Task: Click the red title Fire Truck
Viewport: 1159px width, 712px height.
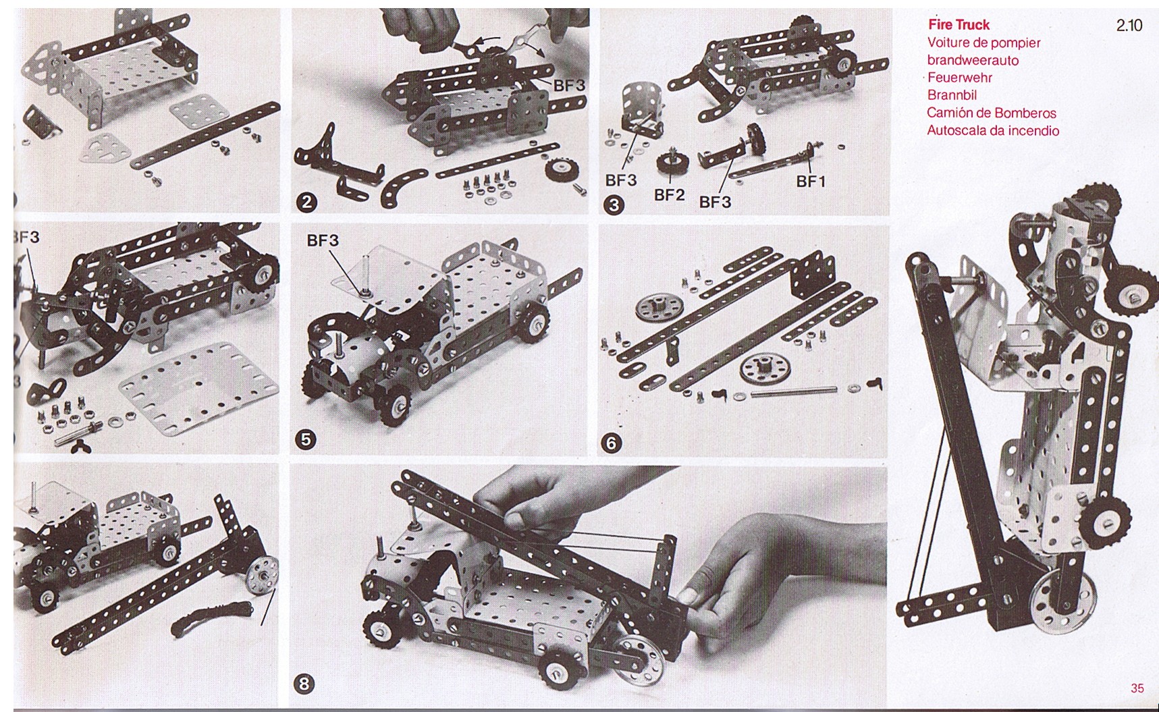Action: (x=959, y=25)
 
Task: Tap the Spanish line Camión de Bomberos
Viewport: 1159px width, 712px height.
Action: (x=991, y=113)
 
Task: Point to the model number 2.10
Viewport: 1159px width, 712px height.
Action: (x=1129, y=25)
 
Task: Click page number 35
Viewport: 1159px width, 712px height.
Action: (x=1137, y=688)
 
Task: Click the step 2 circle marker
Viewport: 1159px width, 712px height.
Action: (x=307, y=202)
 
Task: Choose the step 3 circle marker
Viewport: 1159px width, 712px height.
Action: (x=613, y=204)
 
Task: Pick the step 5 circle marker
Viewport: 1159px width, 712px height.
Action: (x=306, y=439)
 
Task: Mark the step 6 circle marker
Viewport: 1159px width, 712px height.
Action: (x=612, y=443)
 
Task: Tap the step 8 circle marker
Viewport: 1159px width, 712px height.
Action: (x=304, y=684)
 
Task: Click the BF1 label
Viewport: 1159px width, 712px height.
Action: (x=811, y=181)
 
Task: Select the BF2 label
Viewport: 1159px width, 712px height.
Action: (x=669, y=195)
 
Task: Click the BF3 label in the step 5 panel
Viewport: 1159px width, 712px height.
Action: (x=323, y=240)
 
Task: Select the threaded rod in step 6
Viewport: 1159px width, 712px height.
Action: (x=793, y=390)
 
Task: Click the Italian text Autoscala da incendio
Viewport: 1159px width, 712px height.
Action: (x=993, y=130)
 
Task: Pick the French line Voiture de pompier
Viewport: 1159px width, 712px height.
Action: (x=983, y=43)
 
